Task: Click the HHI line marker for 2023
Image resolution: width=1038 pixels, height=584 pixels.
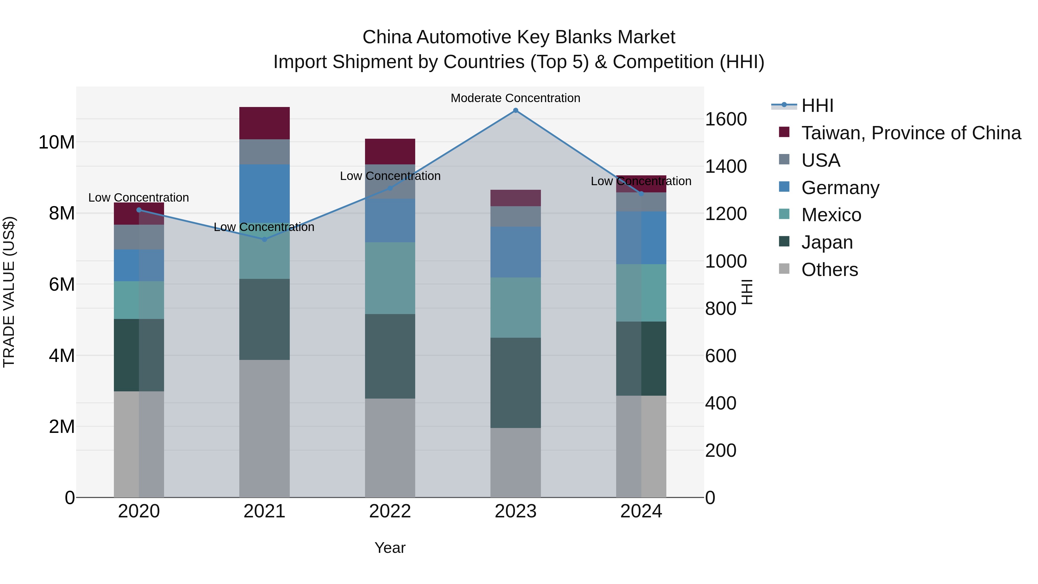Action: pos(515,110)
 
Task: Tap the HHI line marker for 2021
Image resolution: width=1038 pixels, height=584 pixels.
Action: pos(264,239)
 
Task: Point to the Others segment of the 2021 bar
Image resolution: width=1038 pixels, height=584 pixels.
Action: pos(264,429)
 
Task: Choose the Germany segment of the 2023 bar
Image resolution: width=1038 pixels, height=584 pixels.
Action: pos(515,252)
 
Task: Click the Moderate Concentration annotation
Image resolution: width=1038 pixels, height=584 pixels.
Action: pos(515,98)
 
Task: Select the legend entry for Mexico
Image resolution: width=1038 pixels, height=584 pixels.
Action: pos(831,215)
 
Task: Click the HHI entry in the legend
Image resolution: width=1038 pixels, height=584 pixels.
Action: pos(817,106)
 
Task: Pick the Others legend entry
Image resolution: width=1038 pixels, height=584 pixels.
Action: pos(829,270)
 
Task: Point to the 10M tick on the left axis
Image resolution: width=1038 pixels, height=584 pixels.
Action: pos(57,142)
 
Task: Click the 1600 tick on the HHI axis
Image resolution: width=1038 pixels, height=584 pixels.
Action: pos(726,119)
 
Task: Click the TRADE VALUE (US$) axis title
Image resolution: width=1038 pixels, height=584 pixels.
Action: pos(9,292)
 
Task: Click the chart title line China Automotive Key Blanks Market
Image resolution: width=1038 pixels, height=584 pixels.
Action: pos(519,37)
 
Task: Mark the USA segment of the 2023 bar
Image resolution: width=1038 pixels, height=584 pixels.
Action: pos(515,216)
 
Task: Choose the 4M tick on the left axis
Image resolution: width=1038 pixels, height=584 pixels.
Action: pos(62,356)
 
